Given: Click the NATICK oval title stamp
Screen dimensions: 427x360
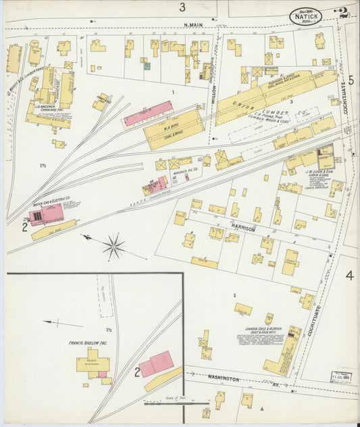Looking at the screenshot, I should pyautogui.click(x=306, y=16).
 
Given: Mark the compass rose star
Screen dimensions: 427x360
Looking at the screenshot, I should pyautogui.click(x=113, y=246).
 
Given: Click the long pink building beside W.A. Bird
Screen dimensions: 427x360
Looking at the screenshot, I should pyautogui.click(x=148, y=113).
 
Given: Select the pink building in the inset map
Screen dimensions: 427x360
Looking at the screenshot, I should pyautogui.click(x=157, y=364).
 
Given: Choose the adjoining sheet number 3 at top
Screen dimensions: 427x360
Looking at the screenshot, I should pyautogui.click(x=182, y=7).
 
